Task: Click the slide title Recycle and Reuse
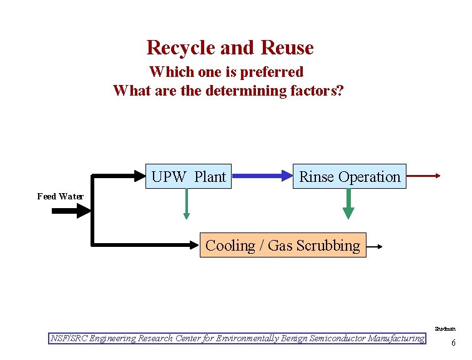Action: pos(230,47)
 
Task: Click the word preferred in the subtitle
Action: pos(273,72)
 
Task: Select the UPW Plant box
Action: pos(189,177)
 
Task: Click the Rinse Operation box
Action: pos(350,177)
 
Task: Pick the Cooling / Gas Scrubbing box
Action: pos(282,246)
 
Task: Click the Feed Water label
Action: pos(60,196)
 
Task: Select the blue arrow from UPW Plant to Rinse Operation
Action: pos(262,177)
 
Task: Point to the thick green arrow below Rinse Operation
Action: pos(348,204)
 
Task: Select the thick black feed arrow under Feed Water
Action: pos(71,211)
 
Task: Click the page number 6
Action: pos(453,342)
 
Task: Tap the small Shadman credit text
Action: pos(445,328)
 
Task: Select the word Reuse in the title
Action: pos(287,47)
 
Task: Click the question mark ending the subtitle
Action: pos(340,91)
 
